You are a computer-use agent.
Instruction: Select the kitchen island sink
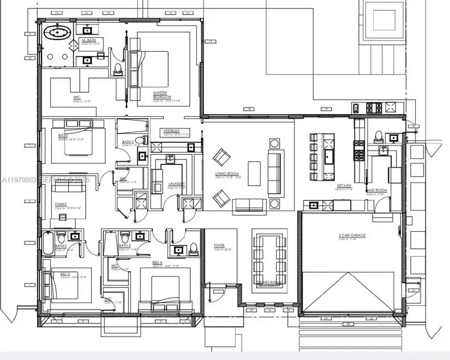(329, 158)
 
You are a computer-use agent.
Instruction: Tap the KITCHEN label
(343, 187)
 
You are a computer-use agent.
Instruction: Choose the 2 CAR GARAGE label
(352, 235)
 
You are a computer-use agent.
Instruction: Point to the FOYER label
(219, 245)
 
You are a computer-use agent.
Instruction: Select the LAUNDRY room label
(176, 184)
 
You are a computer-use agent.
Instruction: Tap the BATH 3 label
(61, 246)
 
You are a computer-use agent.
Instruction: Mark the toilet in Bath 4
(124, 236)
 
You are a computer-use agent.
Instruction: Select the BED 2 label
(62, 136)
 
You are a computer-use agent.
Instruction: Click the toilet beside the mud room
(379, 136)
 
